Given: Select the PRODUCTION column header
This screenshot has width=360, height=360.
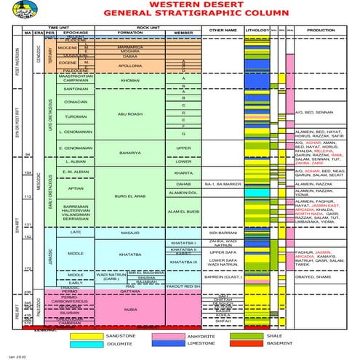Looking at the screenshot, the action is point(325,30).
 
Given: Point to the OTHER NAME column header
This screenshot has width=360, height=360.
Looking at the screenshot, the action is point(223,30).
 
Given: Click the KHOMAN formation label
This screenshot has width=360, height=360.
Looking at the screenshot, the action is point(129,81).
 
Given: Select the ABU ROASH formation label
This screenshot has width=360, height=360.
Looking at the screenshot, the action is point(129,113).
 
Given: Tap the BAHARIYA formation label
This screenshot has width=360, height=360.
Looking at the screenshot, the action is point(129,153).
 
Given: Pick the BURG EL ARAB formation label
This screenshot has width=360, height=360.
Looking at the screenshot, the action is point(129,197).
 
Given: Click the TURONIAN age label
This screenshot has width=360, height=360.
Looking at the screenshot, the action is point(76,116).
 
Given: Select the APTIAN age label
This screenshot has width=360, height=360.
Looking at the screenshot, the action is point(76,188).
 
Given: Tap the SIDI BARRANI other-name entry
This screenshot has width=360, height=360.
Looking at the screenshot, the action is point(223,212).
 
